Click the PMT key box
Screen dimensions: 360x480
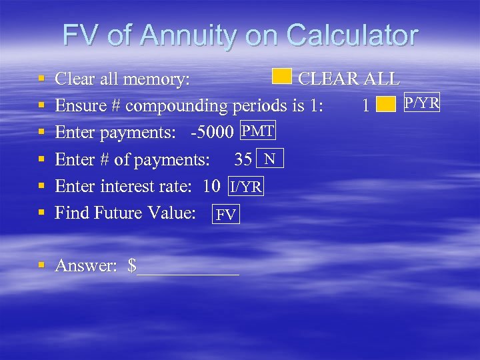[257, 131]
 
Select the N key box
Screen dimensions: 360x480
[269, 159]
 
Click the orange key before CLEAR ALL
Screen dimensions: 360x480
[282, 77]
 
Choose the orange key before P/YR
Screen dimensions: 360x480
[385, 105]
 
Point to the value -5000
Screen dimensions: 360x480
[213, 133]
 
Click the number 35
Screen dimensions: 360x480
[243, 159]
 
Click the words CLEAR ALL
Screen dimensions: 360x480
[349, 79]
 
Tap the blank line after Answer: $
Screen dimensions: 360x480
[187, 268]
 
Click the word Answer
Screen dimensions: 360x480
[85, 266]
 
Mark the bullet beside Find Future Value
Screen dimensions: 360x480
[41, 213]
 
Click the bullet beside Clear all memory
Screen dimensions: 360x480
[41, 79]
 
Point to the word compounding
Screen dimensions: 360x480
[176, 106]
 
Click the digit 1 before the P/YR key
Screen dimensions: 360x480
[365, 105]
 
